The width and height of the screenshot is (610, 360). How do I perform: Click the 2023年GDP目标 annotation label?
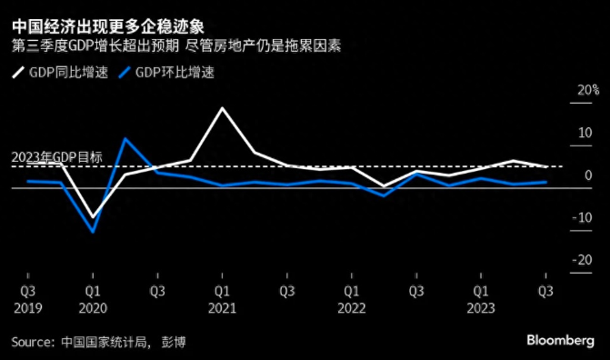point(57,157)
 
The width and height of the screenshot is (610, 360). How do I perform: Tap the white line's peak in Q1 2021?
point(222,108)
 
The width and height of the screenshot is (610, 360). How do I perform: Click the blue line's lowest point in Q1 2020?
point(93,231)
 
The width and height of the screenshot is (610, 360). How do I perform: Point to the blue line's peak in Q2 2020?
point(125,139)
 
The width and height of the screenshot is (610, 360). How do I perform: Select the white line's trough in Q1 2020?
point(93,217)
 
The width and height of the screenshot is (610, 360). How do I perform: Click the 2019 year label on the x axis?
point(27,307)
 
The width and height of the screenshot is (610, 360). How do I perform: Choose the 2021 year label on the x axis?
point(222,307)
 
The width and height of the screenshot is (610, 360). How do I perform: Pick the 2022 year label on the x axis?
point(352,307)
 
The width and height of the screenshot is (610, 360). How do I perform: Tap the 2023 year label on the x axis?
point(481,307)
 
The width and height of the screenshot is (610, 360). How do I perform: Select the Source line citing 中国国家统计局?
point(104,341)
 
